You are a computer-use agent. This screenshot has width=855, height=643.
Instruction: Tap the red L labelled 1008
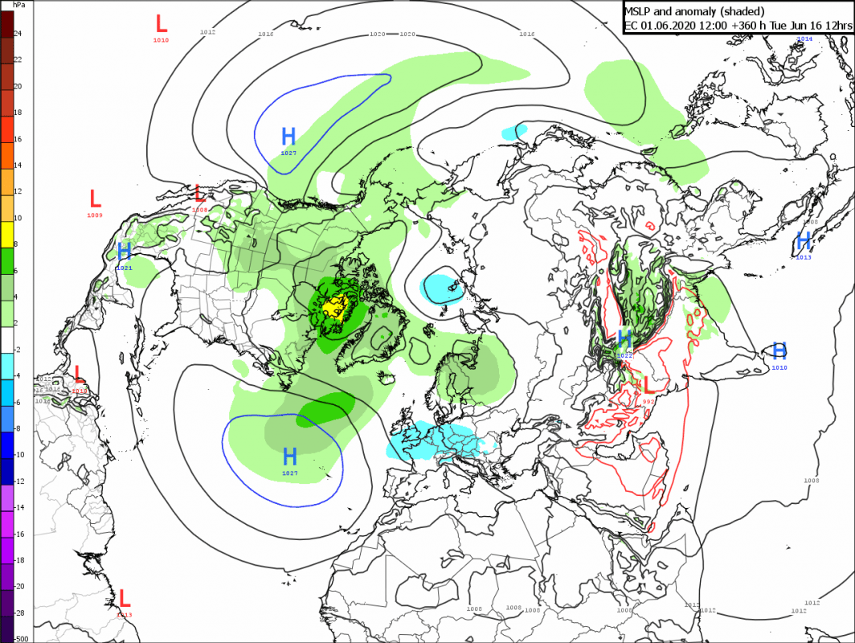(x=200, y=193)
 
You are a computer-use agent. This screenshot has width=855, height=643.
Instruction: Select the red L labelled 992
(x=648, y=384)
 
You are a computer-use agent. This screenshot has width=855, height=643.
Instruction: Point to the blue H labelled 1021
(x=125, y=251)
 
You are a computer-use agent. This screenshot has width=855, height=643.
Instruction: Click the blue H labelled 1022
(x=625, y=337)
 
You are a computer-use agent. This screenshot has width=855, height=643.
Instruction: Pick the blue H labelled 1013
(x=803, y=240)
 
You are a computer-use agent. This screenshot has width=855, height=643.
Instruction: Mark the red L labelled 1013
(x=125, y=598)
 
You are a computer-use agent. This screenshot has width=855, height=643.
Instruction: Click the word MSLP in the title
(x=640, y=10)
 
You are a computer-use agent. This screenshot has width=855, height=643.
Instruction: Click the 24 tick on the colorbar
(x=17, y=34)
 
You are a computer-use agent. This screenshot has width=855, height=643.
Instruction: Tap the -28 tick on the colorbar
(x=19, y=612)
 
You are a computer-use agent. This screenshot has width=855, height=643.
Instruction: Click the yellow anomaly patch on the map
(x=334, y=306)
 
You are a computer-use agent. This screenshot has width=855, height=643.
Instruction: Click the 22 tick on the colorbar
(x=17, y=60)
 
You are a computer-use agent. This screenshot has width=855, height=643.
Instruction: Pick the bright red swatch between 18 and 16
(x=6, y=126)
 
